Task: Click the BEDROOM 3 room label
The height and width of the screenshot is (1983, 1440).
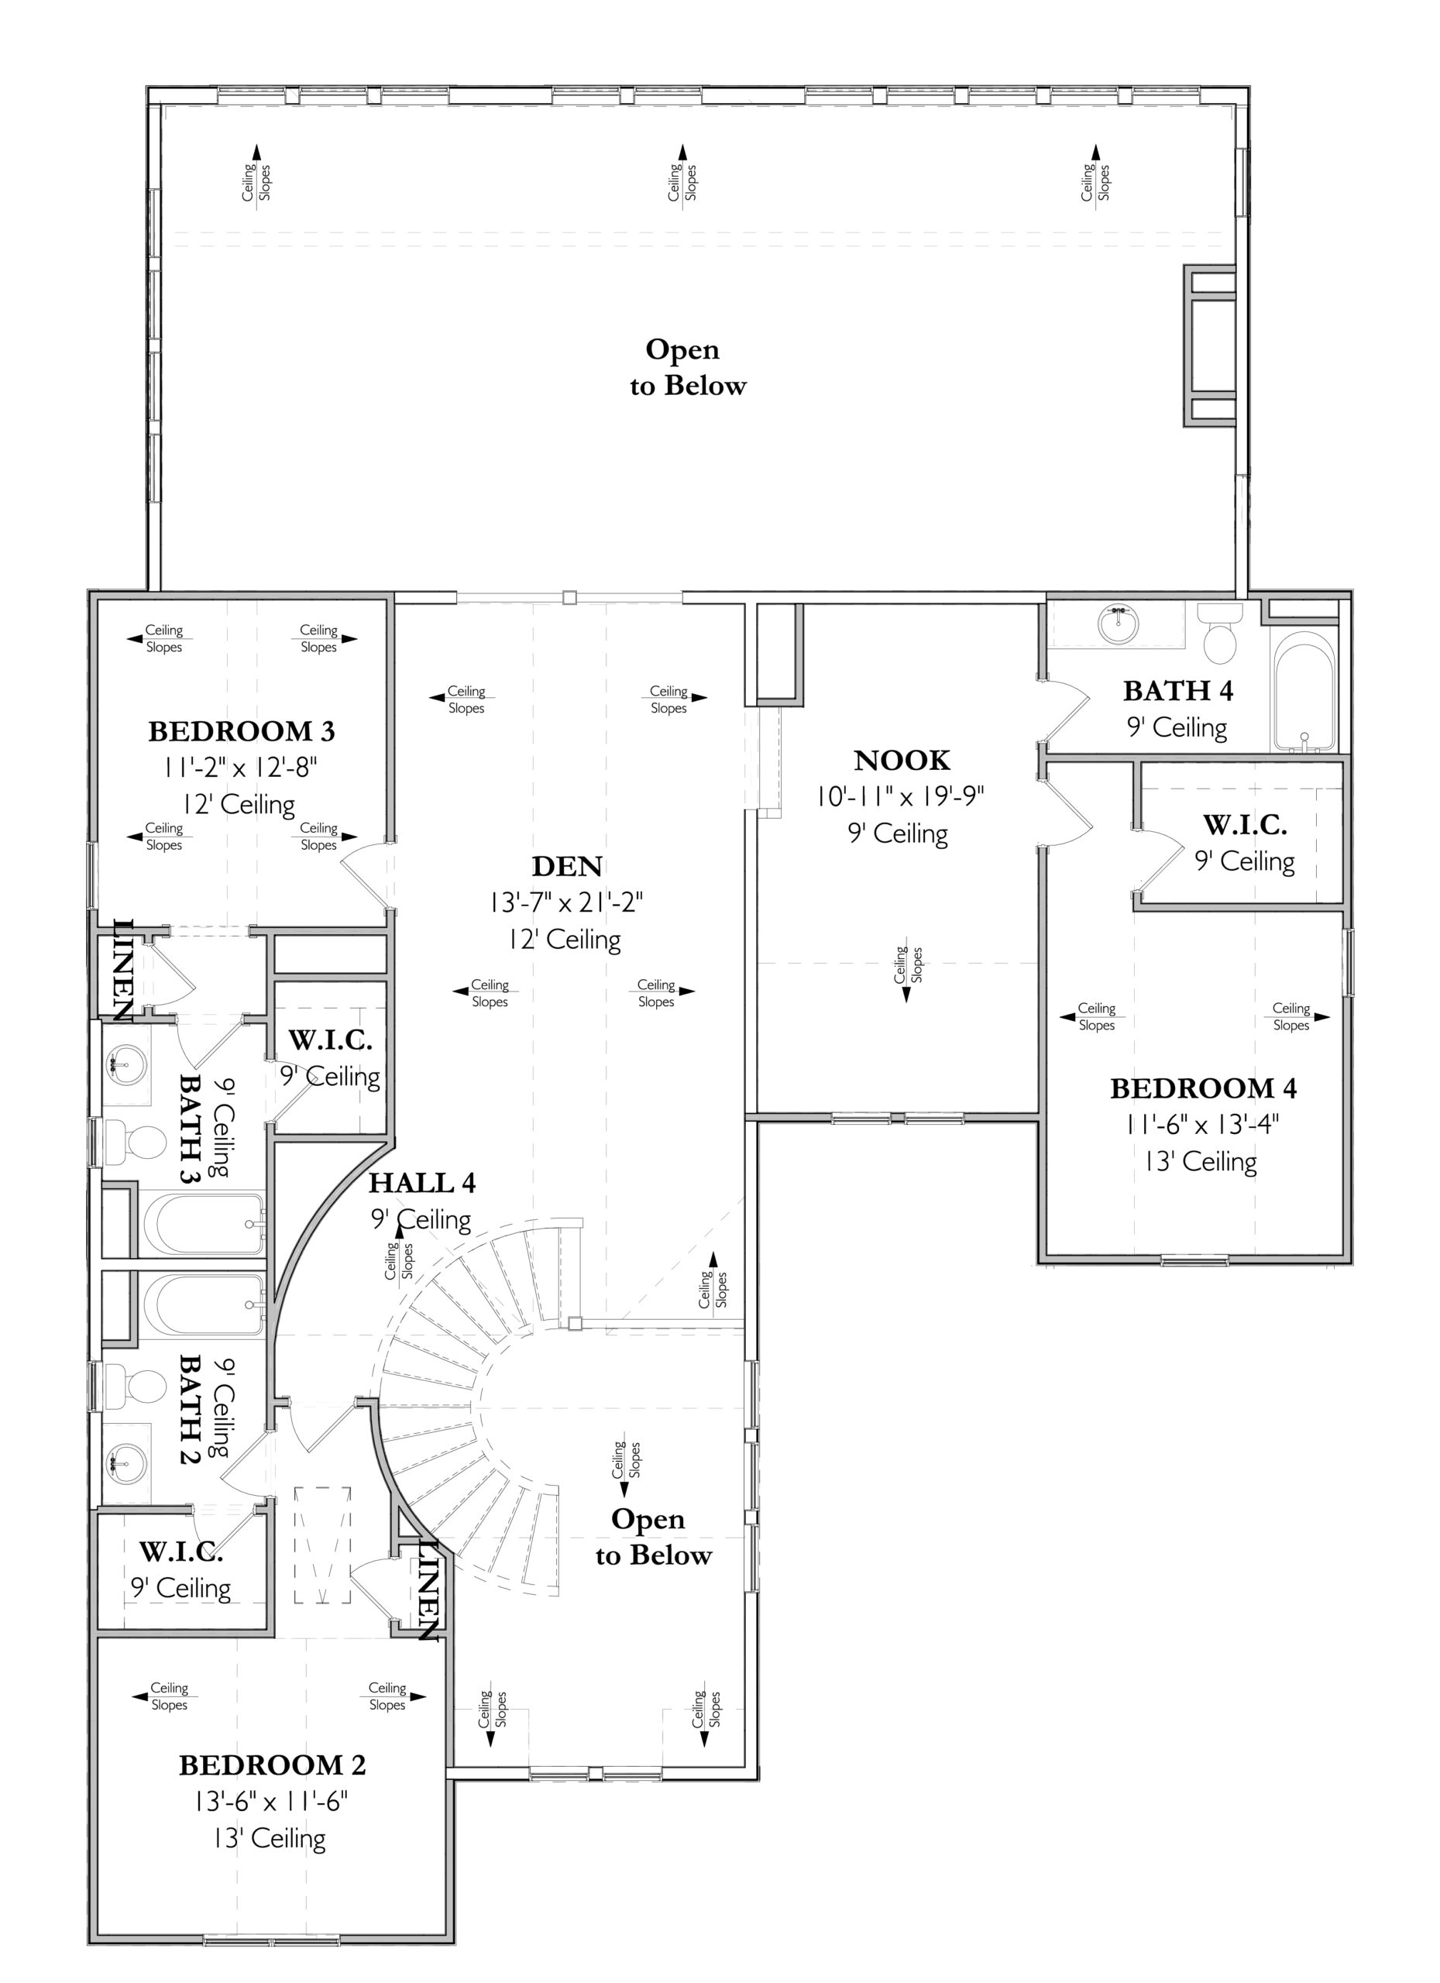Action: click(242, 731)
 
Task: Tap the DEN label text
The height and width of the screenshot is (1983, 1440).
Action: click(568, 867)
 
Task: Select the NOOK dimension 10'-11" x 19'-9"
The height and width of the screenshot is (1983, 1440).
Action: click(901, 796)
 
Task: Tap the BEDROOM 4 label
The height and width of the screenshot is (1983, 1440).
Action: click(1203, 1088)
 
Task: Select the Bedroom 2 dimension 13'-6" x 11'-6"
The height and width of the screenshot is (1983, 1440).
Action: click(271, 1802)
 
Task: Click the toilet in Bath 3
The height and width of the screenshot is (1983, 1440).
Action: click(135, 1142)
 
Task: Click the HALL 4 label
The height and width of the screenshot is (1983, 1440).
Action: click(422, 1183)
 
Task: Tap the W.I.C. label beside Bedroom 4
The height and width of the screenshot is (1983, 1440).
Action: click(1245, 824)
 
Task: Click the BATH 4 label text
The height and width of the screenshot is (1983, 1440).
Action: click(1177, 691)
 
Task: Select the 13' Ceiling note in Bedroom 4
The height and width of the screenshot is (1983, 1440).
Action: click(1201, 1161)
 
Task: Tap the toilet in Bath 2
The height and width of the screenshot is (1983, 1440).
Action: click(135, 1386)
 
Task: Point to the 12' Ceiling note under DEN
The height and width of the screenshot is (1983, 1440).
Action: click(565, 940)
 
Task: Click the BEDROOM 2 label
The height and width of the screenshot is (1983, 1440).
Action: click(272, 1765)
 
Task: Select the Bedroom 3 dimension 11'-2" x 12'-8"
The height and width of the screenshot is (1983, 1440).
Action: click(239, 768)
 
